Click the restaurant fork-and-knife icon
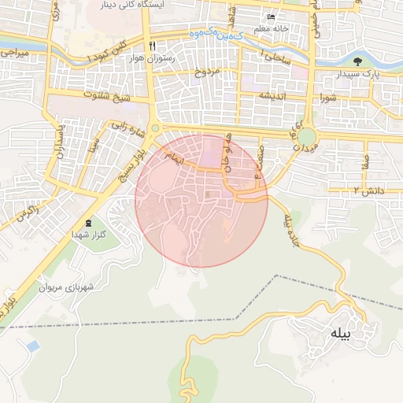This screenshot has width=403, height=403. click(x=152, y=46)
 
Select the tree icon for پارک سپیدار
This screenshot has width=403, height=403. click(x=359, y=61)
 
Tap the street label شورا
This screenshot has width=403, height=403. click(x=329, y=98)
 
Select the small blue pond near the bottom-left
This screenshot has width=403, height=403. click(x=32, y=346)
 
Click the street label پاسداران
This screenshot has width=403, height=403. click(x=57, y=142)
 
